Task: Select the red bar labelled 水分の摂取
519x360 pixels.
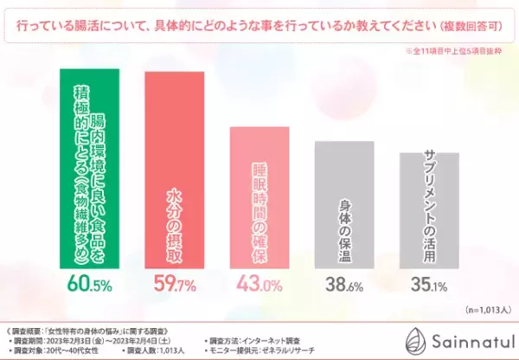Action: (174, 168)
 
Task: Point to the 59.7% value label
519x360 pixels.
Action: (174, 284)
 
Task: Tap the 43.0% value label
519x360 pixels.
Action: (259, 284)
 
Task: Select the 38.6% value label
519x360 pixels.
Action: (343, 284)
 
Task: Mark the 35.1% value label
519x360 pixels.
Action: (428, 284)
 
